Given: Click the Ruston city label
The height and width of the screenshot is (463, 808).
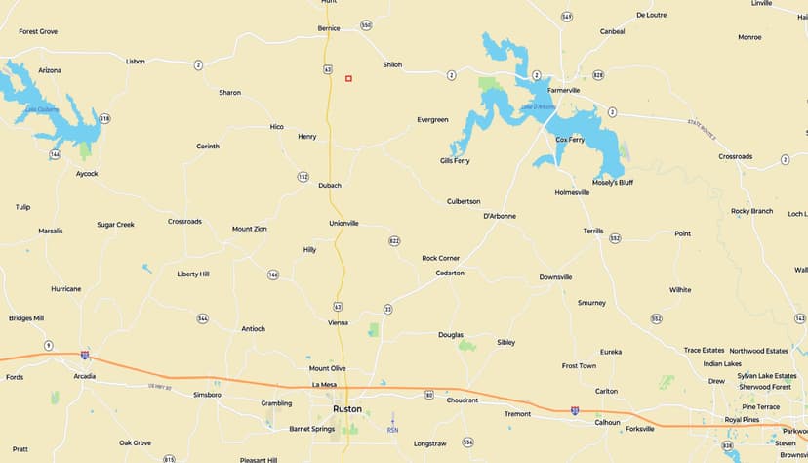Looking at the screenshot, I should tap(346, 408).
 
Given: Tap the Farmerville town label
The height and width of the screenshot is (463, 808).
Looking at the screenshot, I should tap(563, 90).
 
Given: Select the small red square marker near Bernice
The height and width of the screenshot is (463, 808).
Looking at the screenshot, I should tap(348, 78).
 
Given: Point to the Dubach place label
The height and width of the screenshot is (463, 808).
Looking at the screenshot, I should tap(330, 185).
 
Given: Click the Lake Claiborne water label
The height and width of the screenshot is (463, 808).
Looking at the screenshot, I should tap(43, 109).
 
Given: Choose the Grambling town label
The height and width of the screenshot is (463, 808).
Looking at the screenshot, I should tap(276, 403).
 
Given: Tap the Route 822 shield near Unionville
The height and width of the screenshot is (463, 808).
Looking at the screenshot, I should tap(394, 240).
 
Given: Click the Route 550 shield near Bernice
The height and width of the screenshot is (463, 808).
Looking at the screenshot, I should tap(366, 25).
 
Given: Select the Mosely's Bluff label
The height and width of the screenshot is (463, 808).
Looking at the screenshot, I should tap(613, 182).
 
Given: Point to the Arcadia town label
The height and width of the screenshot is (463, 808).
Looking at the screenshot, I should tap(85, 376).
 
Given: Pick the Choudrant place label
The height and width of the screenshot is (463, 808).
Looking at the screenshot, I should tap(463, 400).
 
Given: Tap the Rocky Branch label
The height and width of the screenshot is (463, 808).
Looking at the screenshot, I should tap(751, 211).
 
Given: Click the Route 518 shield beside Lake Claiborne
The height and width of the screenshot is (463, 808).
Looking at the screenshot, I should tap(104, 119).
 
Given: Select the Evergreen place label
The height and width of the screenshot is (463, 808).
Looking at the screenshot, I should tap(432, 119).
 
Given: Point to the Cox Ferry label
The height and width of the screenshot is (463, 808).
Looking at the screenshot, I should tap(570, 139).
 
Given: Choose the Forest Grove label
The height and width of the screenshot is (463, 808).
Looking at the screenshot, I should tap(38, 31).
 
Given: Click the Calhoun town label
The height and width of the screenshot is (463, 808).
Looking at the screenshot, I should tap(607, 422).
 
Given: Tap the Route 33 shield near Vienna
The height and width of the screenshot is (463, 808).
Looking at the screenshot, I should tap(387, 309).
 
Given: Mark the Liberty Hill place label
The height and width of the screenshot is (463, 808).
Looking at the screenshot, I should tap(192, 274).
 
